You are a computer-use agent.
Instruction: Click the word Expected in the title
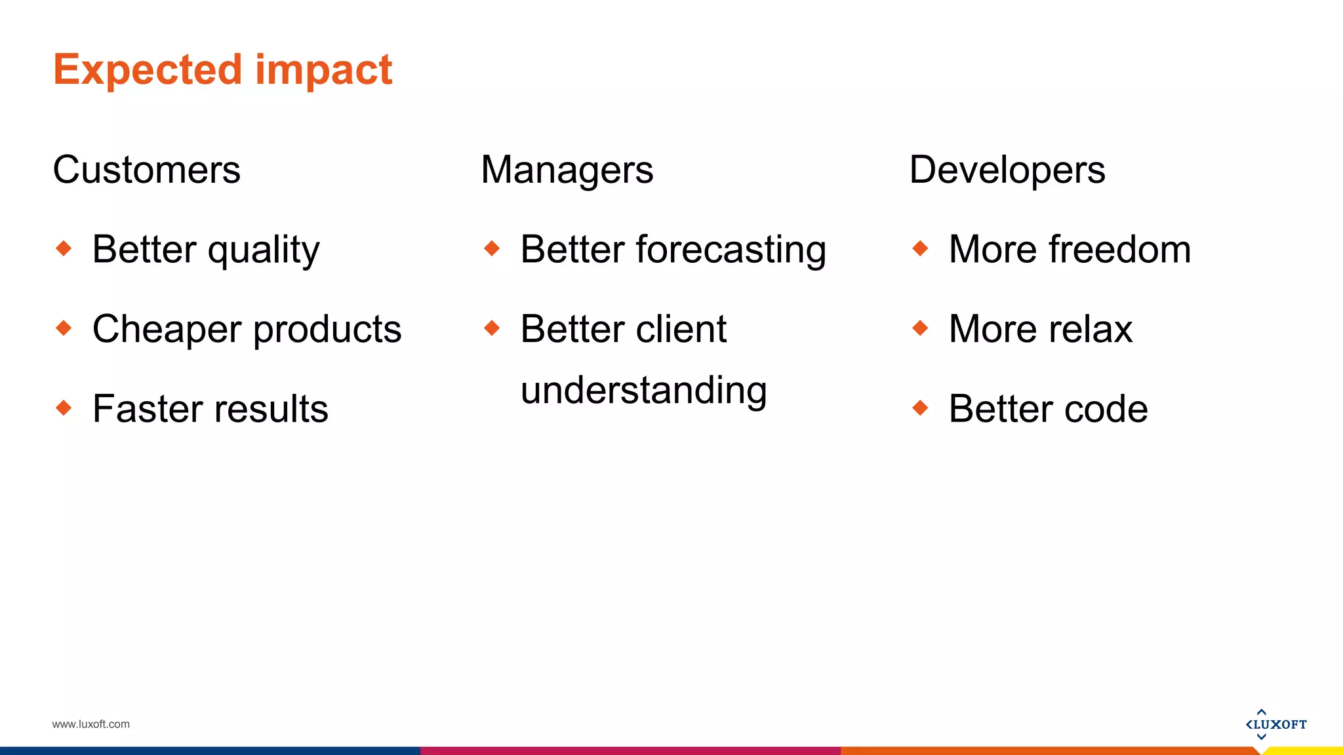point(148,70)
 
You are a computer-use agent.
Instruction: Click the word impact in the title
point(323,70)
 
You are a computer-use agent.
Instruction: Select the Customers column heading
point(146,170)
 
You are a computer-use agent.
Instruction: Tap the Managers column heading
point(567,170)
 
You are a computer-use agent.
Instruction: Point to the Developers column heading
point(1007,170)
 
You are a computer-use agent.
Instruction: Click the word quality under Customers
point(264,251)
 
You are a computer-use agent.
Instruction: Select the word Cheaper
point(167,329)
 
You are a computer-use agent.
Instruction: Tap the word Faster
point(144,409)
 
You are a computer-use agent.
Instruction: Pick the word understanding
point(643,391)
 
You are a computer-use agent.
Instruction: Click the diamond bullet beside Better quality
point(64,248)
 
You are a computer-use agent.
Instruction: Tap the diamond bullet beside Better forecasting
point(492,248)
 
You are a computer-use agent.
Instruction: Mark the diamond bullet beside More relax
point(920,328)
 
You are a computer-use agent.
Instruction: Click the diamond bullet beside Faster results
point(64,408)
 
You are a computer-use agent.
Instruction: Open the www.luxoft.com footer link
point(90,724)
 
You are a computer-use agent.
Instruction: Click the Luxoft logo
point(1275,724)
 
